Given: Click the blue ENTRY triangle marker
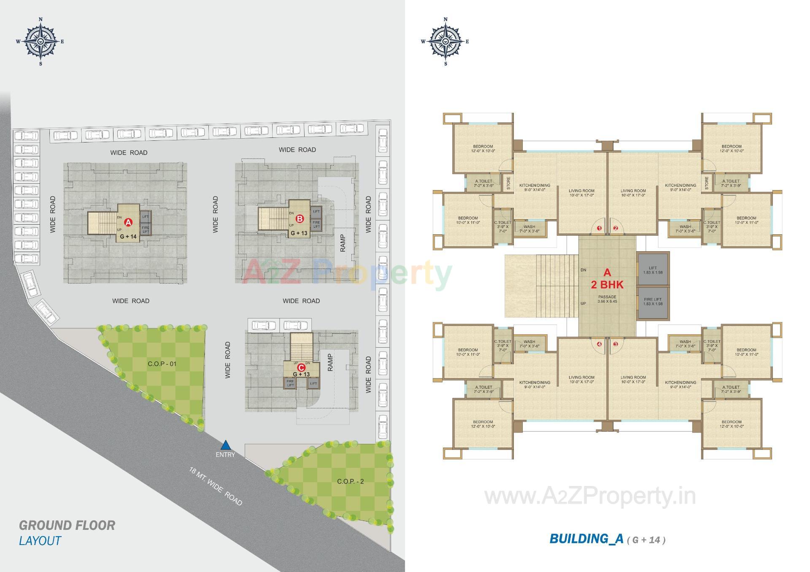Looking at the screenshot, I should pyautogui.click(x=226, y=445).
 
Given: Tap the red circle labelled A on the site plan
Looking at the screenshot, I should pyautogui.click(x=128, y=222).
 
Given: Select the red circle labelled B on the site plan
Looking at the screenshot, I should pyautogui.click(x=300, y=219).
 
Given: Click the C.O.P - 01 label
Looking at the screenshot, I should pyautogui.click(x=162, y=363).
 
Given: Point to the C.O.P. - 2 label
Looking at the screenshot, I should pyautogui.click(x=350, y=481).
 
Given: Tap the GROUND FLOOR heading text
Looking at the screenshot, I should pyautogui.click(x=67, y=525).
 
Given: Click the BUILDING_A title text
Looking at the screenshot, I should pyautogui.click(x=586, y=539).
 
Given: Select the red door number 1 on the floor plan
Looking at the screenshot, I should pyautogui.click(x=599, y=228).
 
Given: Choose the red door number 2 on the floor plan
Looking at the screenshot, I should pyautogui.click(x=616, y=228).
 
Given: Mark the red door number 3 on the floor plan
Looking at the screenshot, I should pyautogui.click(x=616, y=344).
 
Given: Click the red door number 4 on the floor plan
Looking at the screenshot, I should pyautogui.click(x=599, y=344).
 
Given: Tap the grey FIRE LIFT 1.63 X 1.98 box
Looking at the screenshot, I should pyautogui.click(x=653, y=302).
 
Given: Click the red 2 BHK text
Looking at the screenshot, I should pyautogui.click(x=607, y=285).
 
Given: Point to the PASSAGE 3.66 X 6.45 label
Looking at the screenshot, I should pyautogui.click(x=607, y=299).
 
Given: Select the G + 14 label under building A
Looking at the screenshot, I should pyautogui.click(x=128, y=236).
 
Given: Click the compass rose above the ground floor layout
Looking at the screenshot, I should pyautogui.click(x=40, y=41).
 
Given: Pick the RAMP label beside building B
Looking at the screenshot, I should pyautogui.click(x=343, y=243).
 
